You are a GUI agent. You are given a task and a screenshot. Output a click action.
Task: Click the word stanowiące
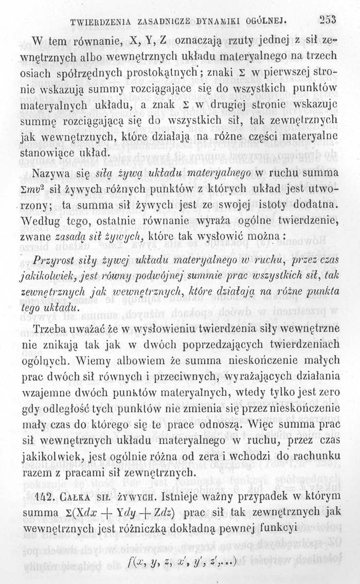tap(55, 153)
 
